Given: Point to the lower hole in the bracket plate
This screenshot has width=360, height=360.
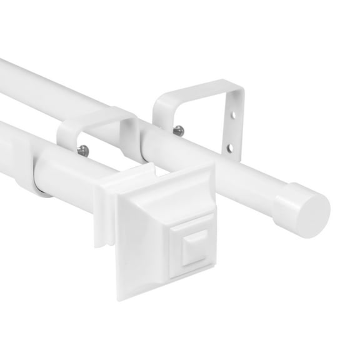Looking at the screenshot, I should [232, 147].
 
